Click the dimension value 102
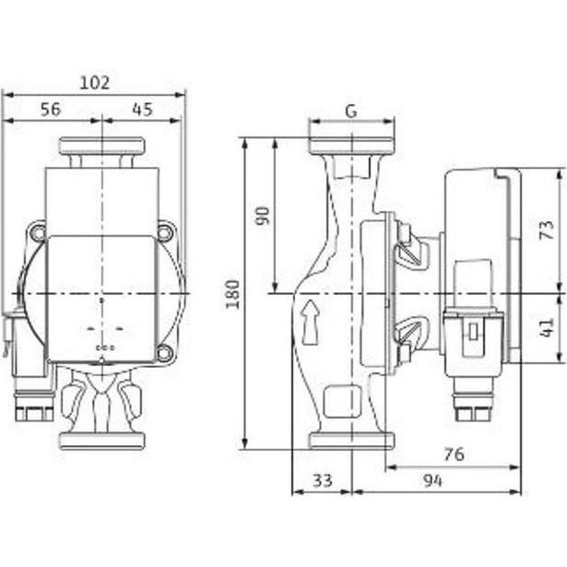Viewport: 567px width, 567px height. (x=94, y=83)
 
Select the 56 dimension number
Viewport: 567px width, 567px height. (x=51, y=109)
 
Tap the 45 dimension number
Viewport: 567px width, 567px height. (x=143, y=109)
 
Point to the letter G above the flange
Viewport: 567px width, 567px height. (x=351, y=112)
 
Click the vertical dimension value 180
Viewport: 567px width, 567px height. (x=233, y=294)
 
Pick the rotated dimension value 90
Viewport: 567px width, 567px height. (x=263, y=216)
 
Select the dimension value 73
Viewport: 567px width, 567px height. (x=547, y=230)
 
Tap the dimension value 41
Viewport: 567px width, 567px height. (x=547, y=327)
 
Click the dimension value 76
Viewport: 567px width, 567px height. (x=455, y=455)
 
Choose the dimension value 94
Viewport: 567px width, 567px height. (x=432, y=480)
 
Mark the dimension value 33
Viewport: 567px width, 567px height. (x=322, y=480)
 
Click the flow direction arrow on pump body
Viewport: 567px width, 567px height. (x=311, y=322)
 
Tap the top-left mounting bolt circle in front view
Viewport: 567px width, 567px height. (x=38, y=232)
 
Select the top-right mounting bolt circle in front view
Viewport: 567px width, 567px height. (x=164, y=232)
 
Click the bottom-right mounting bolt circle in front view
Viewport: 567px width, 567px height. (x=164, y=352)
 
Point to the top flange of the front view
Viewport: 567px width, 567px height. (x=102, y=146)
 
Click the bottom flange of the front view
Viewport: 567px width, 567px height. (x=102, y=441)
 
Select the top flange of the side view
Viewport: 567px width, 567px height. (x=352, y=146)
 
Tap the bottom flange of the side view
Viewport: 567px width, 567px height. (x=352, y=441)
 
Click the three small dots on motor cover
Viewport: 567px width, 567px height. (x=105, y=348)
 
